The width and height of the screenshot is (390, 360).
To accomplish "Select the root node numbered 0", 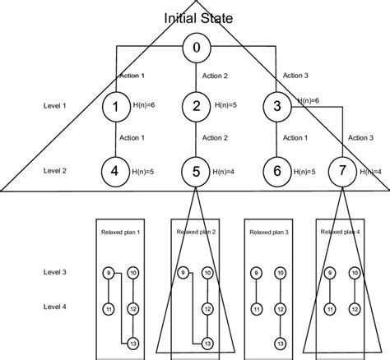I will [195, 48].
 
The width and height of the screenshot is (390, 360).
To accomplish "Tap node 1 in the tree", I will [117, 106].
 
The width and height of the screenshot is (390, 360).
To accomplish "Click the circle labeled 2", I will [195, 106].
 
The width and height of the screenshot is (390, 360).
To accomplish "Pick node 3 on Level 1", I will [277, 106].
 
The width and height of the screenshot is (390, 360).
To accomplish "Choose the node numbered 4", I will [117, 171].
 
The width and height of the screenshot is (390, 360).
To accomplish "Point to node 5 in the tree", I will [195, 171].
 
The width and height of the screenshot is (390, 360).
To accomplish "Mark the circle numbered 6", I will [277, 171].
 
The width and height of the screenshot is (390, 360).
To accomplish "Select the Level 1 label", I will [55, 106].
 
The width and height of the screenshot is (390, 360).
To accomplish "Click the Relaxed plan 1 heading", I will [121, 233].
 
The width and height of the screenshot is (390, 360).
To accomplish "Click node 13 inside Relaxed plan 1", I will [133, 343].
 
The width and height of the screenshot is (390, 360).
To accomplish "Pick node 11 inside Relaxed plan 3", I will [257, 308].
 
